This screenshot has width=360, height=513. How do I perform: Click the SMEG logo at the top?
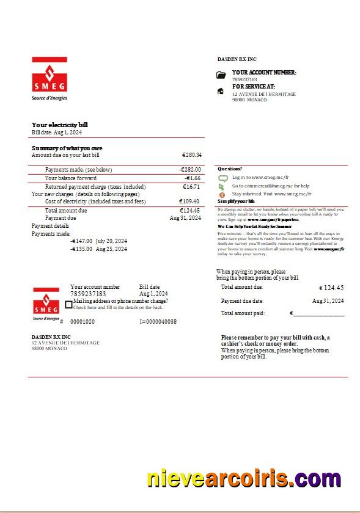coord(50,78)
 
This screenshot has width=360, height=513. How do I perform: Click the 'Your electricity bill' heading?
coord(60,125)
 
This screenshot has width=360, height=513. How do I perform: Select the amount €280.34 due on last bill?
coord(191,155)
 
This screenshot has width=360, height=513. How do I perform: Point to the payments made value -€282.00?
coord(189,170)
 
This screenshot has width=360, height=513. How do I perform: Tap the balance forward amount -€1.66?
coord(193,178)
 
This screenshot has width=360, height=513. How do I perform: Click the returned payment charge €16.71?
coord(191,187)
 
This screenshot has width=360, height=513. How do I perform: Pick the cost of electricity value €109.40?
coord(189,202)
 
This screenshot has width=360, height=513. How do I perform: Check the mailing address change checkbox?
coord(68,304)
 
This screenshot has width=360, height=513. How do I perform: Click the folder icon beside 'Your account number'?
coord(221,75)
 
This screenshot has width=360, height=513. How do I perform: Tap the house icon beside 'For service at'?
coord(221,91)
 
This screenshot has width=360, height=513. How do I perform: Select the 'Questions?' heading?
coord(230,169)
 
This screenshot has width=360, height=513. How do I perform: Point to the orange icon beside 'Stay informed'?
coord(222,195)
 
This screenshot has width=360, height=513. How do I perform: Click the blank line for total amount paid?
coord(318,314)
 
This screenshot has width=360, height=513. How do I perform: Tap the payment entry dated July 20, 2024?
coord(98,241)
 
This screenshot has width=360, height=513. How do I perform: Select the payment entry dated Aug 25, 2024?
coord(98,249)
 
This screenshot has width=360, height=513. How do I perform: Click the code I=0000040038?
coord(158,322)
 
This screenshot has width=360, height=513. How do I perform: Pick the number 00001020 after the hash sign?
coord(83,322)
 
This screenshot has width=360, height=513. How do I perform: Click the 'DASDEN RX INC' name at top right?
coord(237,59)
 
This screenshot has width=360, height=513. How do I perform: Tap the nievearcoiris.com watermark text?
coord(243,478)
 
